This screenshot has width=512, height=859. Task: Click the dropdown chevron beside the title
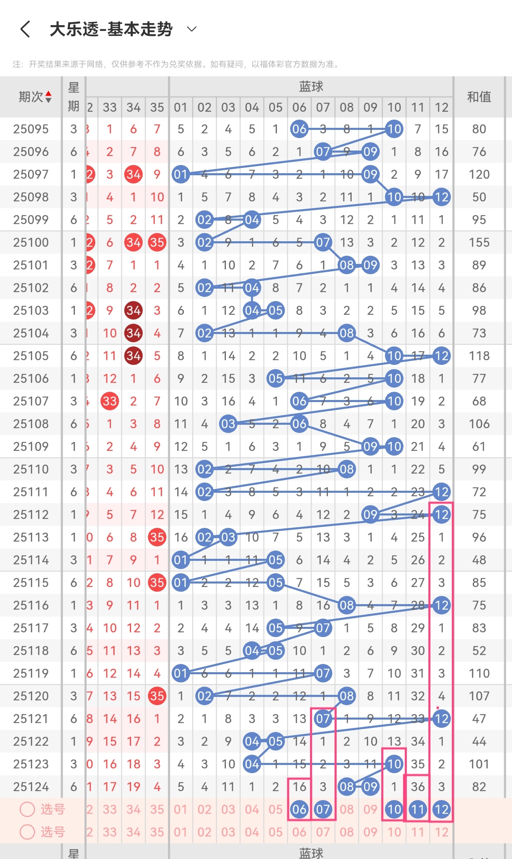coord(192,29)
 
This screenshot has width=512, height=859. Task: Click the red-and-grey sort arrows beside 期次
coord(49,97)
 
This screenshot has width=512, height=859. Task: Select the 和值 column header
coord(479,97)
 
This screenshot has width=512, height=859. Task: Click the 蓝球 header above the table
coord(311,87)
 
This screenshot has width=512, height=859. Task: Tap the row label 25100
coord(31,242)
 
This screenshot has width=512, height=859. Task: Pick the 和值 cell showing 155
coord(479,242)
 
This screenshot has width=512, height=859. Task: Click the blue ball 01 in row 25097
coord(181,174)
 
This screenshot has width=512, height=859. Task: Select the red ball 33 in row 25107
coord(110,401)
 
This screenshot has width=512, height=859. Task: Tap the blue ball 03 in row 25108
coord(228,424)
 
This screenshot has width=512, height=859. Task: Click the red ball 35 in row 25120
coord(157,696)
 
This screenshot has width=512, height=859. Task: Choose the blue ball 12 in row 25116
coord(442,605)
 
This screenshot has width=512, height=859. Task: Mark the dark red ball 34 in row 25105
coord(133,356)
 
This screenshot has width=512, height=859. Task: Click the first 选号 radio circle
coord(27,809)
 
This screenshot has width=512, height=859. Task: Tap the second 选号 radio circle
coord(27,832)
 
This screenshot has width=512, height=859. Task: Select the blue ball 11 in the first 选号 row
coord(418,810)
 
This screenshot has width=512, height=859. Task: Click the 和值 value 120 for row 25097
coord(479,174)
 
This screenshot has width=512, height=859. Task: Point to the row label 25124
coord(31,787)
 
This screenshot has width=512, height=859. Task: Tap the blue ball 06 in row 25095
coord(299,129)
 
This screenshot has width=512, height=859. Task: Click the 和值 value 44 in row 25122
coord(479,741)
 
